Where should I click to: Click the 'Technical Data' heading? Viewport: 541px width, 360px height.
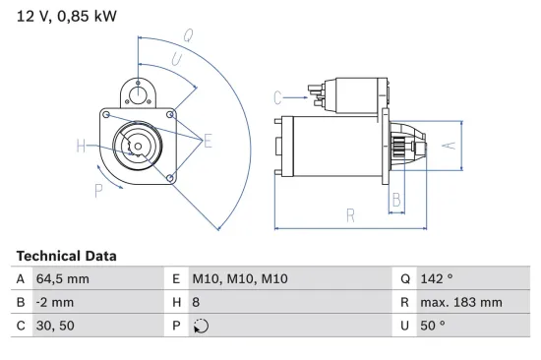coord(66,256)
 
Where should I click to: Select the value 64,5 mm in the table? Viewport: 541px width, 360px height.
coord(62,279)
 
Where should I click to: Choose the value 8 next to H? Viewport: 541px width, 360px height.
coord(197,302)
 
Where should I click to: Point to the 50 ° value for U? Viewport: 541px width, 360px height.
coord(432,325)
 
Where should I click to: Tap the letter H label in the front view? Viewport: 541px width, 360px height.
coord(81,148)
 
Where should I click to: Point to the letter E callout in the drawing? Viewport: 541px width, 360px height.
coord(208,143)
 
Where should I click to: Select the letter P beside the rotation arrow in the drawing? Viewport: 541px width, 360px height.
coord(98,190)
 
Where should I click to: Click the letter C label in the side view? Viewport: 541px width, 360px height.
coord(278,96)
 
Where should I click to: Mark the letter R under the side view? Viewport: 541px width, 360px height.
coord(350,214)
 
